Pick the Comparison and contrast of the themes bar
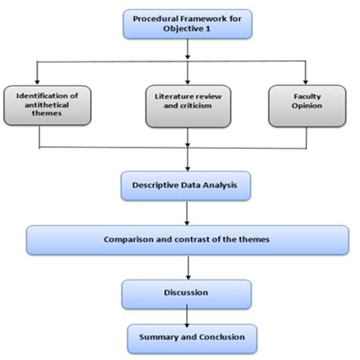[x=186, y=239]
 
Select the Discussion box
[x=186, y=292]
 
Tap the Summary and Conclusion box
[x=187, y=336]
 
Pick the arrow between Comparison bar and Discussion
[x=188, y=268]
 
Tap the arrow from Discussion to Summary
[x=188, y=315]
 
